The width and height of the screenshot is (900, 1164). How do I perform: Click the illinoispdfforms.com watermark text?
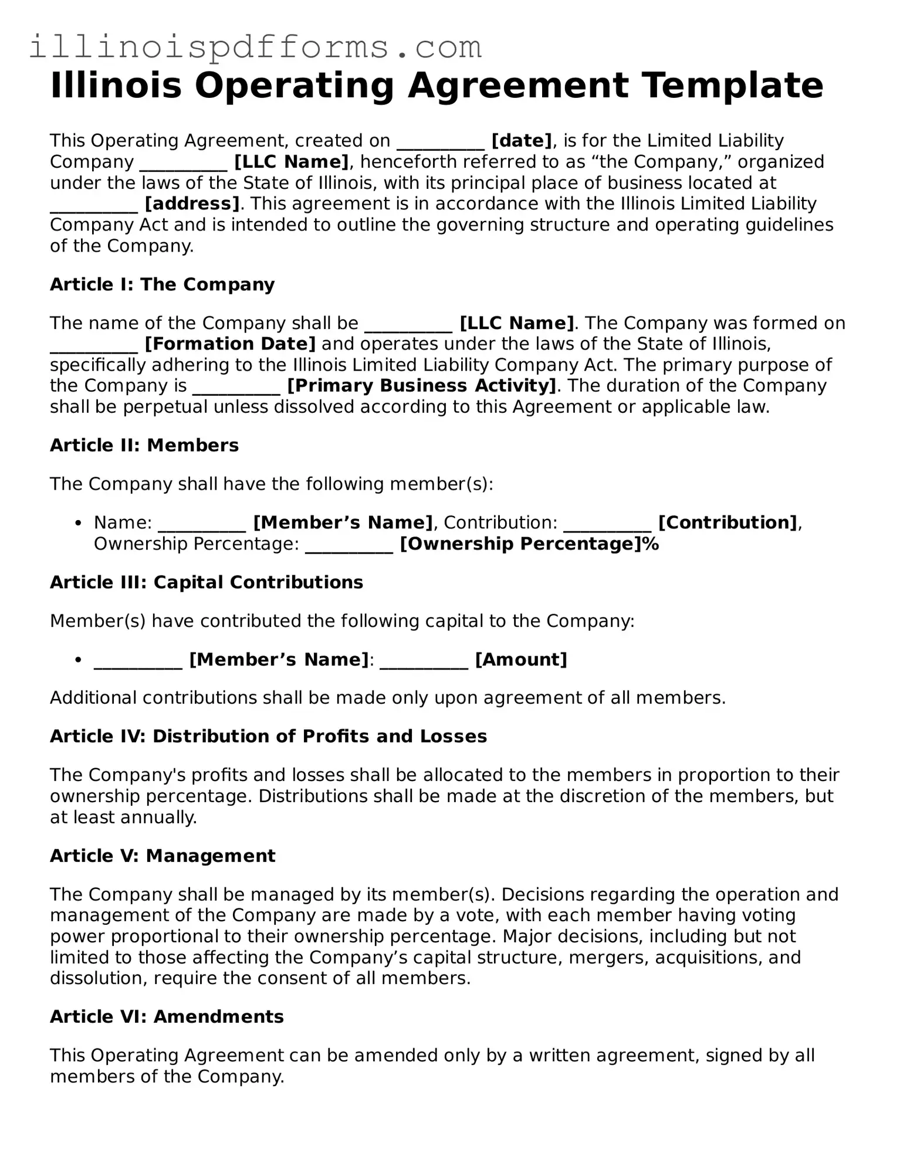pyautogui.click(x=255, y=47)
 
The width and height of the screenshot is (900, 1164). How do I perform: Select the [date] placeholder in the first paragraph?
pyautogui.click(x=522, y=141)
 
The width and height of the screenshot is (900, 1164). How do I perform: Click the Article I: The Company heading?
pyautogui.click(x=162, y=284)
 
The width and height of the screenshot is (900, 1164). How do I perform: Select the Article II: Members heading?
pyautogui.click(x=144, y=445)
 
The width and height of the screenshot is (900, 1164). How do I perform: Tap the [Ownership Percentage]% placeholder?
pyautogui.click(x=529, y=544)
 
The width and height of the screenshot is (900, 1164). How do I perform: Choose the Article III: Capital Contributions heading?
pyautogui.click(x=207, y=582)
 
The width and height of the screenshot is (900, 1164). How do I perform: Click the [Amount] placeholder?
pyautogui.click(x=521, y=660)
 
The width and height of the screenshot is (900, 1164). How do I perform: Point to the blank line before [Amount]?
pyautogui.click(x=424, y=661)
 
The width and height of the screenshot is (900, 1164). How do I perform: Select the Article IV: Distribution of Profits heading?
pyautogui.click(x=268, y=737)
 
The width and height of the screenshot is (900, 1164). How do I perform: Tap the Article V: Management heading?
pyautogui.click(x=163, y=856)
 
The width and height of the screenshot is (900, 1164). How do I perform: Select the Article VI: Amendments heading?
pyautogui.click(x=167, y=1017)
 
